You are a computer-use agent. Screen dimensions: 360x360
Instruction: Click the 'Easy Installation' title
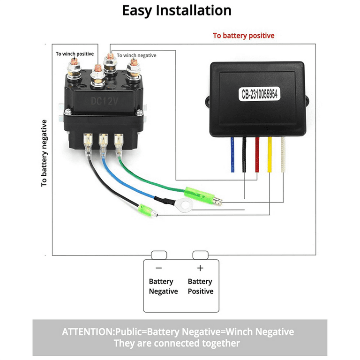(x=177, y=11)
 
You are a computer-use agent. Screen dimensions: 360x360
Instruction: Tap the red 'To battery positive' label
(x=243, y=36)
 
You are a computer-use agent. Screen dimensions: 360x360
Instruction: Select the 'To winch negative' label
(x=136, y=55)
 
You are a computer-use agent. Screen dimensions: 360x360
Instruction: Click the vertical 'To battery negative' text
(x=44, y=153)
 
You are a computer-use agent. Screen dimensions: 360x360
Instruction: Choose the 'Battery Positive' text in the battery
(x=200, y=286)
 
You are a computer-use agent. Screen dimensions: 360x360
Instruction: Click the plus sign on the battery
(x=200, y=268)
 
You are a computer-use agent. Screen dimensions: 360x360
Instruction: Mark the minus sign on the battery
(x=159, y=268)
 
